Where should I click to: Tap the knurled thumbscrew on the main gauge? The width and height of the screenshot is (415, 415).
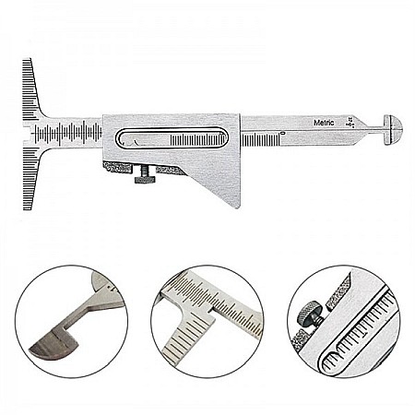145,174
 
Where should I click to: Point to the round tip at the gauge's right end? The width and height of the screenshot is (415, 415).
392,124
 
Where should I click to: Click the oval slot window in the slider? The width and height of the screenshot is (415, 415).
172,137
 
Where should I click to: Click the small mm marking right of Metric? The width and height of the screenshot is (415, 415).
350,119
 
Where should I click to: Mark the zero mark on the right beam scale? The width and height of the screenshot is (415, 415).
282,136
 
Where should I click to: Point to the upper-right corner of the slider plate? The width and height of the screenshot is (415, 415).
239,116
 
